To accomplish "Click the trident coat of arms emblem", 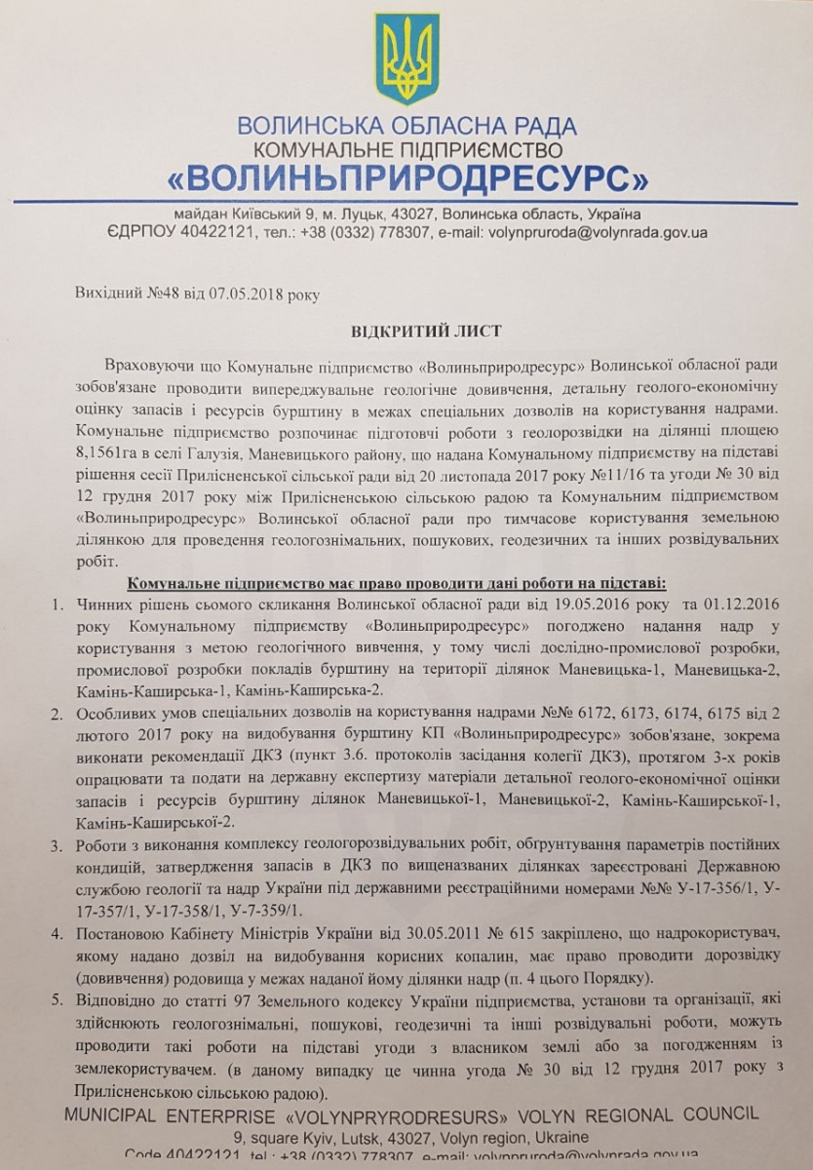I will click(406, 58).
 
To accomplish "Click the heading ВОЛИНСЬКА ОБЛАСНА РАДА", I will click(406, 127).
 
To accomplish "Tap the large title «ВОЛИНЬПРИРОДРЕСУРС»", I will click(406, 179).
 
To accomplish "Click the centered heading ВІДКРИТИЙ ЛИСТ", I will click(406, 331).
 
